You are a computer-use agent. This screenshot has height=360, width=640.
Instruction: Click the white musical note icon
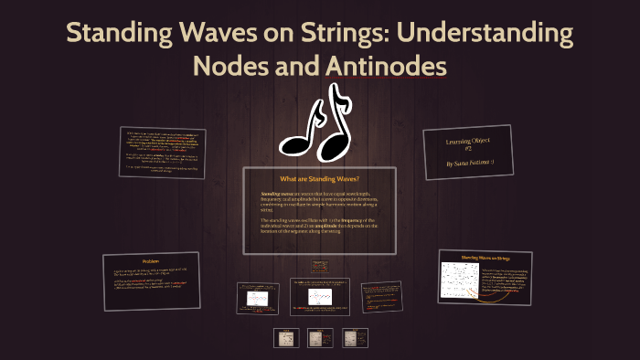point(314,122)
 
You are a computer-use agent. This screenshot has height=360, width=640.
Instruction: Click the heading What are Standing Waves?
point(319,178)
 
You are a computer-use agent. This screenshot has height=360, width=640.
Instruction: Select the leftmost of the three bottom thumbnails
point(286,338)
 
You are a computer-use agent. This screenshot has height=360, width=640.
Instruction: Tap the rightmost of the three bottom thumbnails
point(353,338)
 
